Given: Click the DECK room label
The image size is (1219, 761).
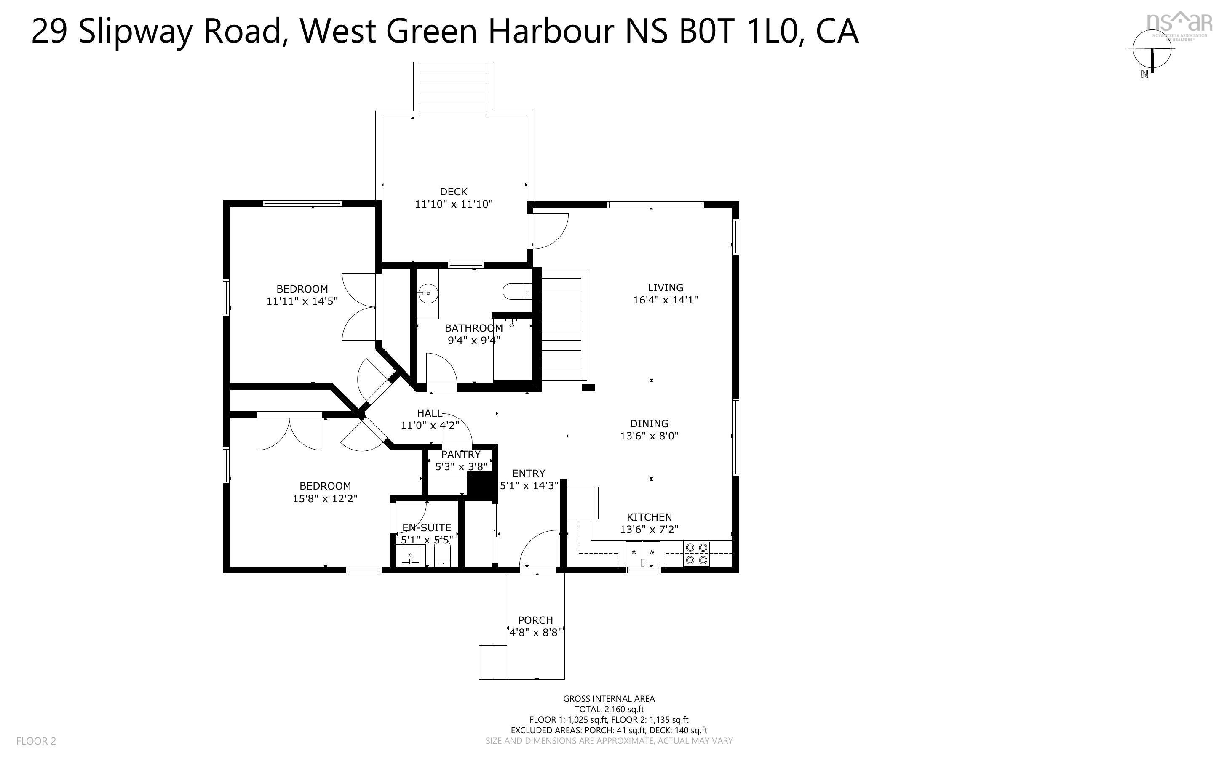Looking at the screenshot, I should (x=453, y=192).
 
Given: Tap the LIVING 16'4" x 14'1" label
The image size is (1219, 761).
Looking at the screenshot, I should (x=665, y=294).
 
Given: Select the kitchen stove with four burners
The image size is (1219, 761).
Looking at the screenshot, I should (x=696, y=553).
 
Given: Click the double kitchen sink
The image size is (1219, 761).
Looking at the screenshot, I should (x=642, y=553).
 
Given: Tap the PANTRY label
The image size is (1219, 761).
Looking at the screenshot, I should (x=460, y=455).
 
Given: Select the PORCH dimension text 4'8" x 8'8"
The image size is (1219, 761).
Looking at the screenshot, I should (x=535, y=633).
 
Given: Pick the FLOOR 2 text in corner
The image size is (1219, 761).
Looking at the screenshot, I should (x=36, y=741).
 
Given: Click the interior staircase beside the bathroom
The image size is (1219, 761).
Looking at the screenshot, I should (x=561, y=327).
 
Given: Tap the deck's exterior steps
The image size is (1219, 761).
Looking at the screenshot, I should (x=453, y=87).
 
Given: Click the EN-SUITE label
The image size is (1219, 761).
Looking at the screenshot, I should (x=426, y=527).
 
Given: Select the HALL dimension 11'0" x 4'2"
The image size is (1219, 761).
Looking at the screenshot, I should (x=430, y=425).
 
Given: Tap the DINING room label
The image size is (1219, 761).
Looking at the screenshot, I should (x=649, y=424).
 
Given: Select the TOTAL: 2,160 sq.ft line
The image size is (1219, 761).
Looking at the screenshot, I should (x=609, y=709).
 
